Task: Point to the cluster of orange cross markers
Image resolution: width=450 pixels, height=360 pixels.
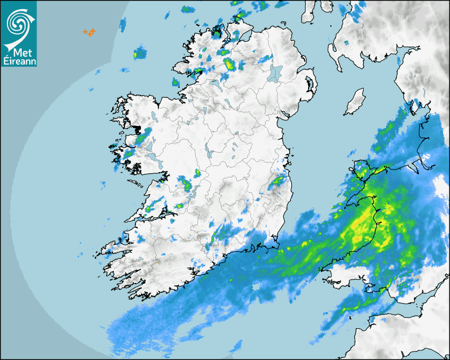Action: coord(89,33)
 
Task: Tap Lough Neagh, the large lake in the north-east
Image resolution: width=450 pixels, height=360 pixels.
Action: coord(276,73)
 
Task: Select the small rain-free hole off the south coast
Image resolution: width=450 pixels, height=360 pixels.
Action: coord(258,286)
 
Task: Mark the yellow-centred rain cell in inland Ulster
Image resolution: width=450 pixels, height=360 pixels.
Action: coord(230,65)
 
